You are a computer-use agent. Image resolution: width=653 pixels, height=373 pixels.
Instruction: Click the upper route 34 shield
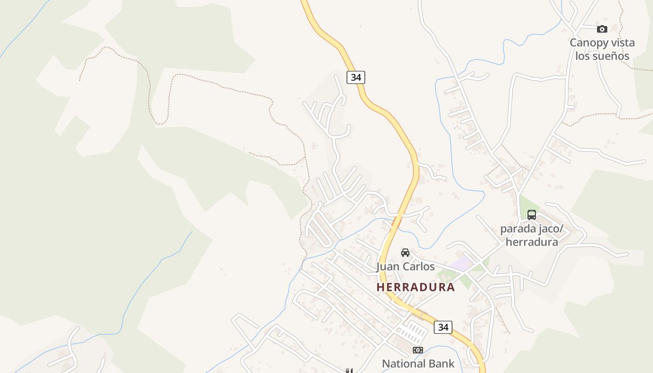pyautogui.click(x=356, y=77)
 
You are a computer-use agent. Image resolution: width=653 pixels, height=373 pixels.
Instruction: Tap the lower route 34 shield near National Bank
pyautogui.click(x=443, y=327)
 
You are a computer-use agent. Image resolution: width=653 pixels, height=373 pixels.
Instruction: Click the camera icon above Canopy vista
pyautogui.click(x=602, y=29)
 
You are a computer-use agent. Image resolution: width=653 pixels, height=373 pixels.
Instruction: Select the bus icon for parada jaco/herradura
pyautogui.click(x=532, y=215)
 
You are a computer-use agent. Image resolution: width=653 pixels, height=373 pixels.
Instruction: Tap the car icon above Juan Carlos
pyautogui.click(x=405, y=253)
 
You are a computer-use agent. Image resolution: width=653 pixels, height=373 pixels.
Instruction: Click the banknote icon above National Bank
pyautogui.click(x=417, y=350)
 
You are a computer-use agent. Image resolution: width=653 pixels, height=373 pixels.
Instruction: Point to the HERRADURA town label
pyautogui.click(x=416, y=287)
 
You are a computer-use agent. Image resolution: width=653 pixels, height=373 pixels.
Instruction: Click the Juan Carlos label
pyautogui.click(x=405, y=267)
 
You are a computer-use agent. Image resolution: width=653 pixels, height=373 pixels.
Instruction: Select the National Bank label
pyautogui.click(x=418, y=364)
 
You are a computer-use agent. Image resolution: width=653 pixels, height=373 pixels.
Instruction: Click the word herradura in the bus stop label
pyautogui.click(x=532, y=242)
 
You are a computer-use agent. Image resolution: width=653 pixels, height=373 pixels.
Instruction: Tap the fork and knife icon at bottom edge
pyautogui.click(x=348, y=371)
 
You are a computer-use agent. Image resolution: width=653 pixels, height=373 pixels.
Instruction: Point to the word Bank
pyautogui.click(x=440, y=364)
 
